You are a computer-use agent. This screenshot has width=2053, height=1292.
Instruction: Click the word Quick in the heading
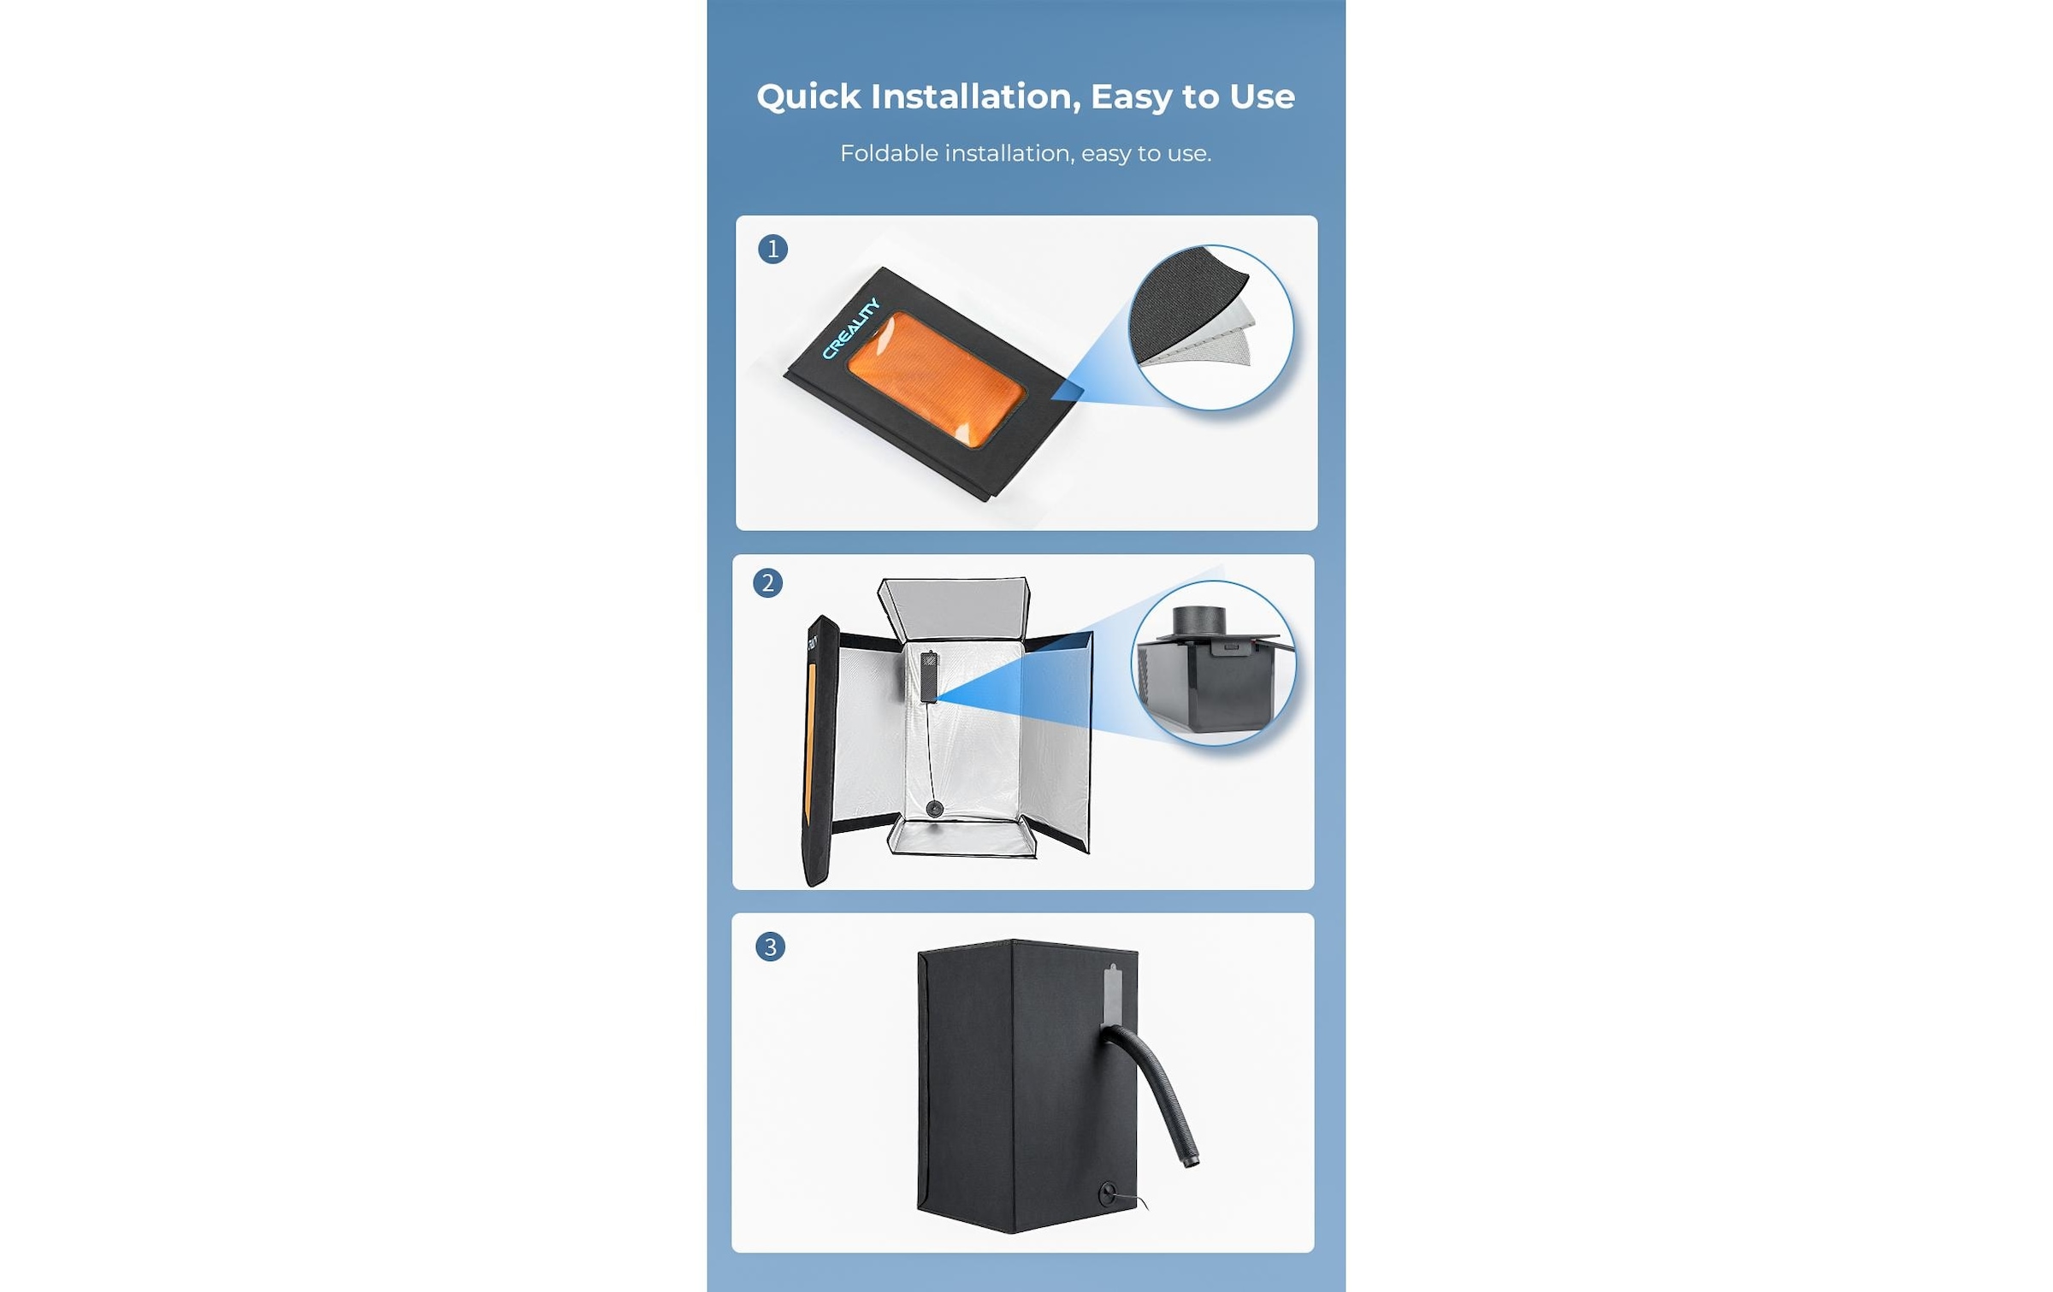pos(808,97)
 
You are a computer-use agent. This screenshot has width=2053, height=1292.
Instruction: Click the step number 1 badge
pos(772,249)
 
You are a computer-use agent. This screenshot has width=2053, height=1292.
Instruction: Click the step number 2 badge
pos(767,583)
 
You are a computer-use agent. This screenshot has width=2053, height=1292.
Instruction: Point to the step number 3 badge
pos(770,947)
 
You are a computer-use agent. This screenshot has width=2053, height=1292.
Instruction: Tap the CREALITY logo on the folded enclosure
pos(850,328)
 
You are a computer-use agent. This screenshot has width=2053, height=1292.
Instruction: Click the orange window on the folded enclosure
pos(937,379)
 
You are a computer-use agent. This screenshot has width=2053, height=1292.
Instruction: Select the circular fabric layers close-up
pos(1210,327)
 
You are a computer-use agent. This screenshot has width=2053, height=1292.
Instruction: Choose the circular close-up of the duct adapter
pos(1213,663)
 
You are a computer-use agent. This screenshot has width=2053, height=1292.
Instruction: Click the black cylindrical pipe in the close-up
pos(1199,620)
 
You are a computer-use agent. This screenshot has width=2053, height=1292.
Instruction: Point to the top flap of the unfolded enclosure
pos(954,608)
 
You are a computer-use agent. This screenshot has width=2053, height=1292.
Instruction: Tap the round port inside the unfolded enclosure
pos(935,808)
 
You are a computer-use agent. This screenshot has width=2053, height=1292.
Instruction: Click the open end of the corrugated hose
pos(1191,1161)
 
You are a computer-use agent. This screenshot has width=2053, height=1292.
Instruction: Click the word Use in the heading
pos(1263,97)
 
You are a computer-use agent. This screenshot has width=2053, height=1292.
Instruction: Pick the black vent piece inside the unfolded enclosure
pos(929,676)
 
